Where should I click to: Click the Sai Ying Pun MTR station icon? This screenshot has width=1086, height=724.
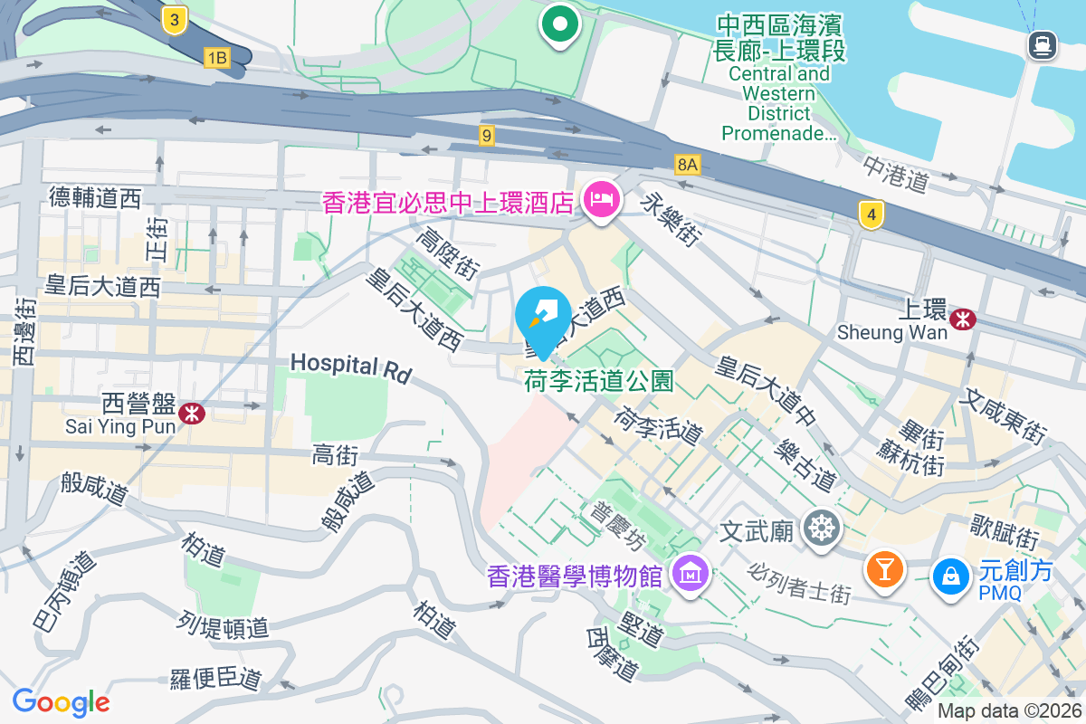click(191, 414)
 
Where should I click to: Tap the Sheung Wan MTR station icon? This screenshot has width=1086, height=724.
click(963, 318)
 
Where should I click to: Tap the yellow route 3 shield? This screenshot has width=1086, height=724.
click(176, 19)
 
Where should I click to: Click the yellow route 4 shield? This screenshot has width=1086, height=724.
click(871, 214)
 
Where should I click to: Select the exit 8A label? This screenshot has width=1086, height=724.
click(688, 164)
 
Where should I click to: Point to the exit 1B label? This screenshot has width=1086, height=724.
click(217, 58)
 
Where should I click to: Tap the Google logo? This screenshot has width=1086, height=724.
click(61, 702)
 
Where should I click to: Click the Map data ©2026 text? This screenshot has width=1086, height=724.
click(1008, 711)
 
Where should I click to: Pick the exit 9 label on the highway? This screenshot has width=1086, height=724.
click(488, 136)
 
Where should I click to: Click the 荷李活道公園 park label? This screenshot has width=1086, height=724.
click(599, 382)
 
